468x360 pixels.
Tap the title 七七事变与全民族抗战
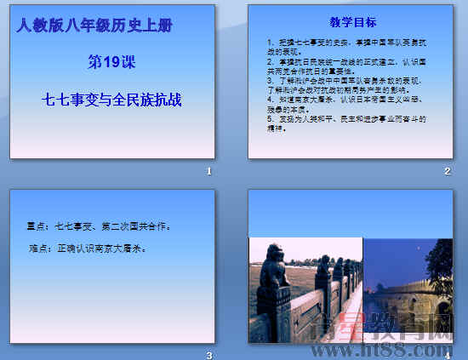click(112, 100)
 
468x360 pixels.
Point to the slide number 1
click(208, 172)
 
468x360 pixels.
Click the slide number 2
click(447, 172)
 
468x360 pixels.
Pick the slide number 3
click(208, 355)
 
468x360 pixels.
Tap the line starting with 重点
click(99, 226)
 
